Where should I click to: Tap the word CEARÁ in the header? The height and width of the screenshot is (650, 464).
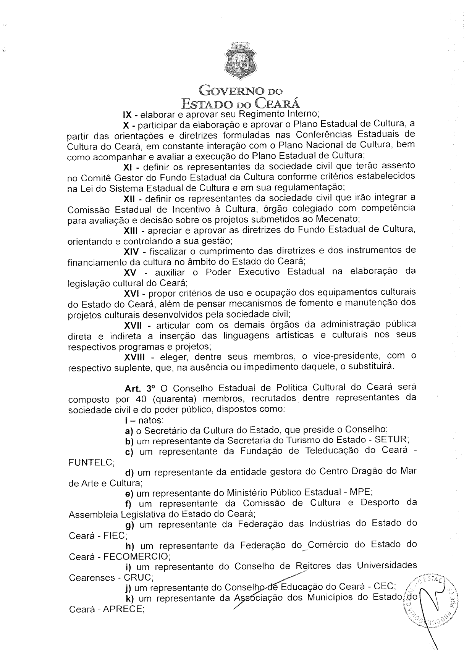click(x=278, y=103)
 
